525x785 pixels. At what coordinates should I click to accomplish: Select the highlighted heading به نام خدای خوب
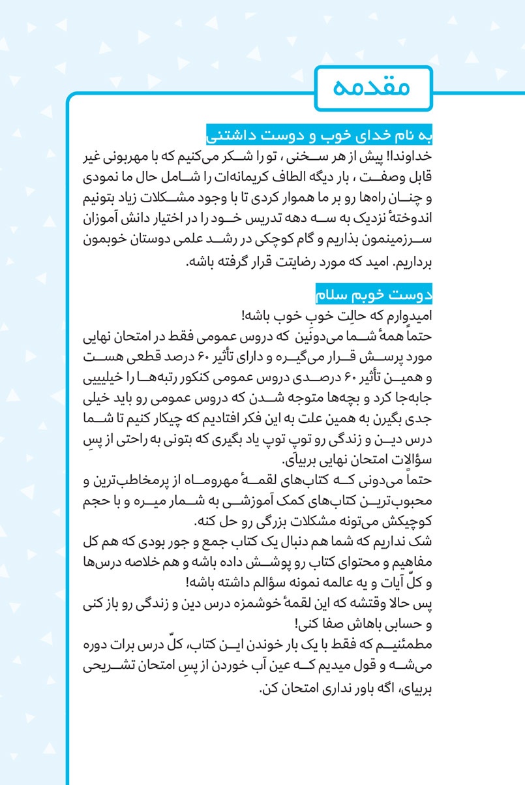point(320,137)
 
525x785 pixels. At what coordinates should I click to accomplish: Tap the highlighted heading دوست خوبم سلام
point(374,295)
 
